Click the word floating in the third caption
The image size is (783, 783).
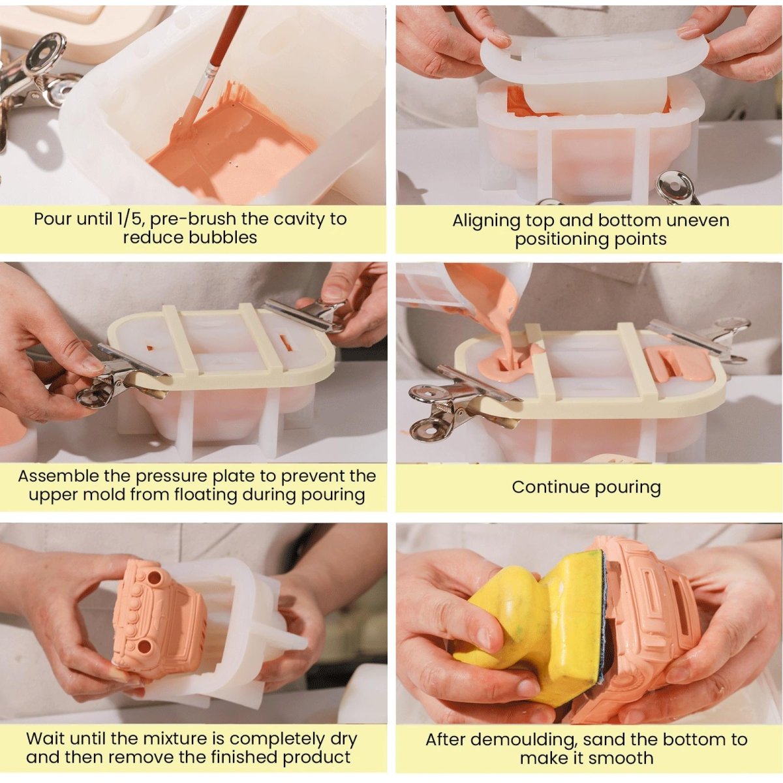tap(205, 495)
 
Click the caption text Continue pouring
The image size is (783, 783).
tap(586, 487)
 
